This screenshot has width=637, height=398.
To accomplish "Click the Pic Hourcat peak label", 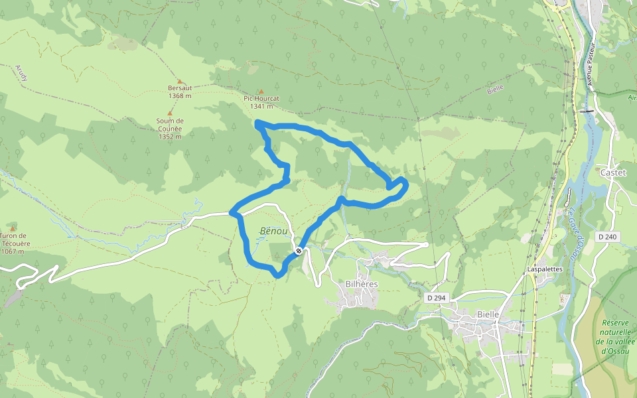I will pyautogui.click(x=261, y=98).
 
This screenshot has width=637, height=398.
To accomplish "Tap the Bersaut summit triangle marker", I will pyautogui.click(x=179, y=82).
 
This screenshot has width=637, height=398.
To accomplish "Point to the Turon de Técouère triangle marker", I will pyautogui.click(x=12, y=228).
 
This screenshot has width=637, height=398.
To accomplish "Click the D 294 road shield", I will pyautogui.click(x=436, y=298).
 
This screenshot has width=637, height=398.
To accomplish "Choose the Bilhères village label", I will pyautogui.click(x=362, y=284).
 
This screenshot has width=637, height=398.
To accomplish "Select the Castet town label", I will pyautogui.click(x=612, y=172).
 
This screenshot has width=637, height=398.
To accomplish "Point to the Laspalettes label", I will pyautogui.click(x=545, y=269).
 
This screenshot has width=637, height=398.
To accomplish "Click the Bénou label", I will pyautogui.click(x=274, y=231).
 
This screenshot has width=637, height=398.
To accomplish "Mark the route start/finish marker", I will pyautogui.click(x=299, y=251).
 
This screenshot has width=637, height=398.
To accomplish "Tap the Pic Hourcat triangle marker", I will pyautogui.click(x=261, y=92).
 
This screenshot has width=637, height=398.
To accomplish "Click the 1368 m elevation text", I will pyautogui.click(x=180, y=96).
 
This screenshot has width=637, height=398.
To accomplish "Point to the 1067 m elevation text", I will pyautogui.click(x=13, y=251).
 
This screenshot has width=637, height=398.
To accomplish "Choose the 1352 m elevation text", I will pyautogui.click(x=170, y=137).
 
